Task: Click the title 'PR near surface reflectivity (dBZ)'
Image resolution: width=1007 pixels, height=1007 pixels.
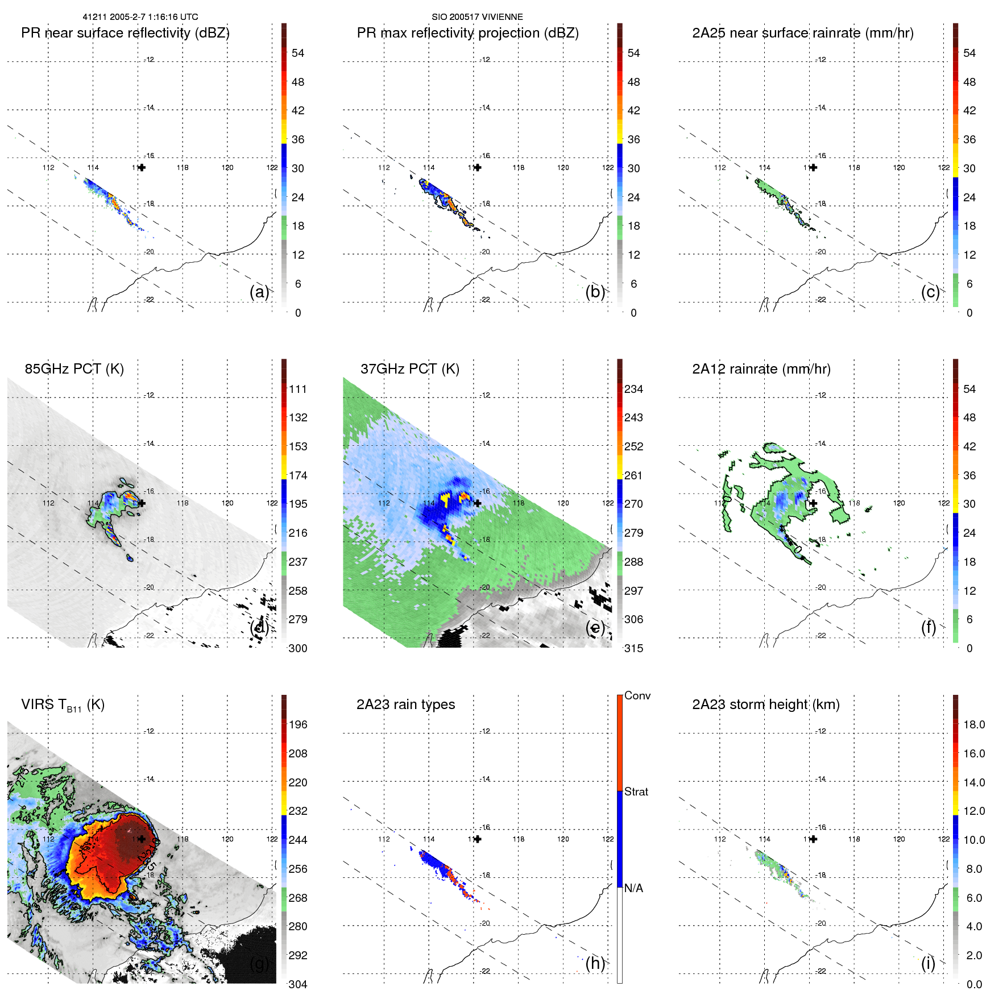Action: pyautogui.click(x=125, y=33)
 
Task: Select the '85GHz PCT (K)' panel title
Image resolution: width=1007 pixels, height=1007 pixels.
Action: pyautogui.click(x=74, y=369)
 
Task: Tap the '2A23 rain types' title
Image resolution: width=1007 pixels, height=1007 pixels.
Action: pyautogui.click(x=405, y=705)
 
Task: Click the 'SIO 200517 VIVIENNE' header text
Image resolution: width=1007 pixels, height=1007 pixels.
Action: pyautogui.click(x=477, y=17)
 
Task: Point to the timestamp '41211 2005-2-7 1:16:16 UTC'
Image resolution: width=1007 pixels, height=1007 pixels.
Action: pyautogui.click(x=140, y=17)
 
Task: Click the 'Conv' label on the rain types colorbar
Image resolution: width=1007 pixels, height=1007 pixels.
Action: pyautogui.click(x=637, y=696)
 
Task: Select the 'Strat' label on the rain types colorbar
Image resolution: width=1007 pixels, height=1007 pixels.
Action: pyautogui.click(x=636, y=792)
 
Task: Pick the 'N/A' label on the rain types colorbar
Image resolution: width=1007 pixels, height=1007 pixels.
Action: pyautogui.click(x=633, y=888)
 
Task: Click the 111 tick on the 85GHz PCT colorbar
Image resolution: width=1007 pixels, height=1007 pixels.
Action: pyautogui.click(x=298, y=389)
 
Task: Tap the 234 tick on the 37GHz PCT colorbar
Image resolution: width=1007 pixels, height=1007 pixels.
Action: pyautogui.click(x=633, y=389)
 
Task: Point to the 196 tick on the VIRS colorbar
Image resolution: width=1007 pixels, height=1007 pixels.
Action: pyautogui.click(x=298, y=725)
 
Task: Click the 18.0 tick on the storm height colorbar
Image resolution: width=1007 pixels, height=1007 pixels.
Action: pyautogui.click(x=974, y=725)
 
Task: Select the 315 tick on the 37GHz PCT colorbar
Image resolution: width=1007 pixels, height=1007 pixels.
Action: pyautogui.click(x=633, y=649)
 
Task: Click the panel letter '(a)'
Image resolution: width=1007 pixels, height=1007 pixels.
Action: pyautogui.click(x=259, y=292)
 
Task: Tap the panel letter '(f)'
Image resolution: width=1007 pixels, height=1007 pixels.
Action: pyautogui.click(x=929, y=627)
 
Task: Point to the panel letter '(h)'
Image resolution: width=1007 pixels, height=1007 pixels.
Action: pyautogui.click(x=595, y=963)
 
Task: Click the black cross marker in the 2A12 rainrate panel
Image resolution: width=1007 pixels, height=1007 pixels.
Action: pyautogui.click(x=813, y=503)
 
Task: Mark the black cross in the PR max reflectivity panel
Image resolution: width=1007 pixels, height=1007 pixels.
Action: pyautogui.click(x=478, y=167)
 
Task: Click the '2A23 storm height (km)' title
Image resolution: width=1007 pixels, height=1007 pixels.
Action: pyautogui.click(x=766, y=705)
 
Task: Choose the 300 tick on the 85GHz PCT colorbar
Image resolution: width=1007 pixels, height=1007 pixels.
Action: pyautogui.click(x=298, y=649)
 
